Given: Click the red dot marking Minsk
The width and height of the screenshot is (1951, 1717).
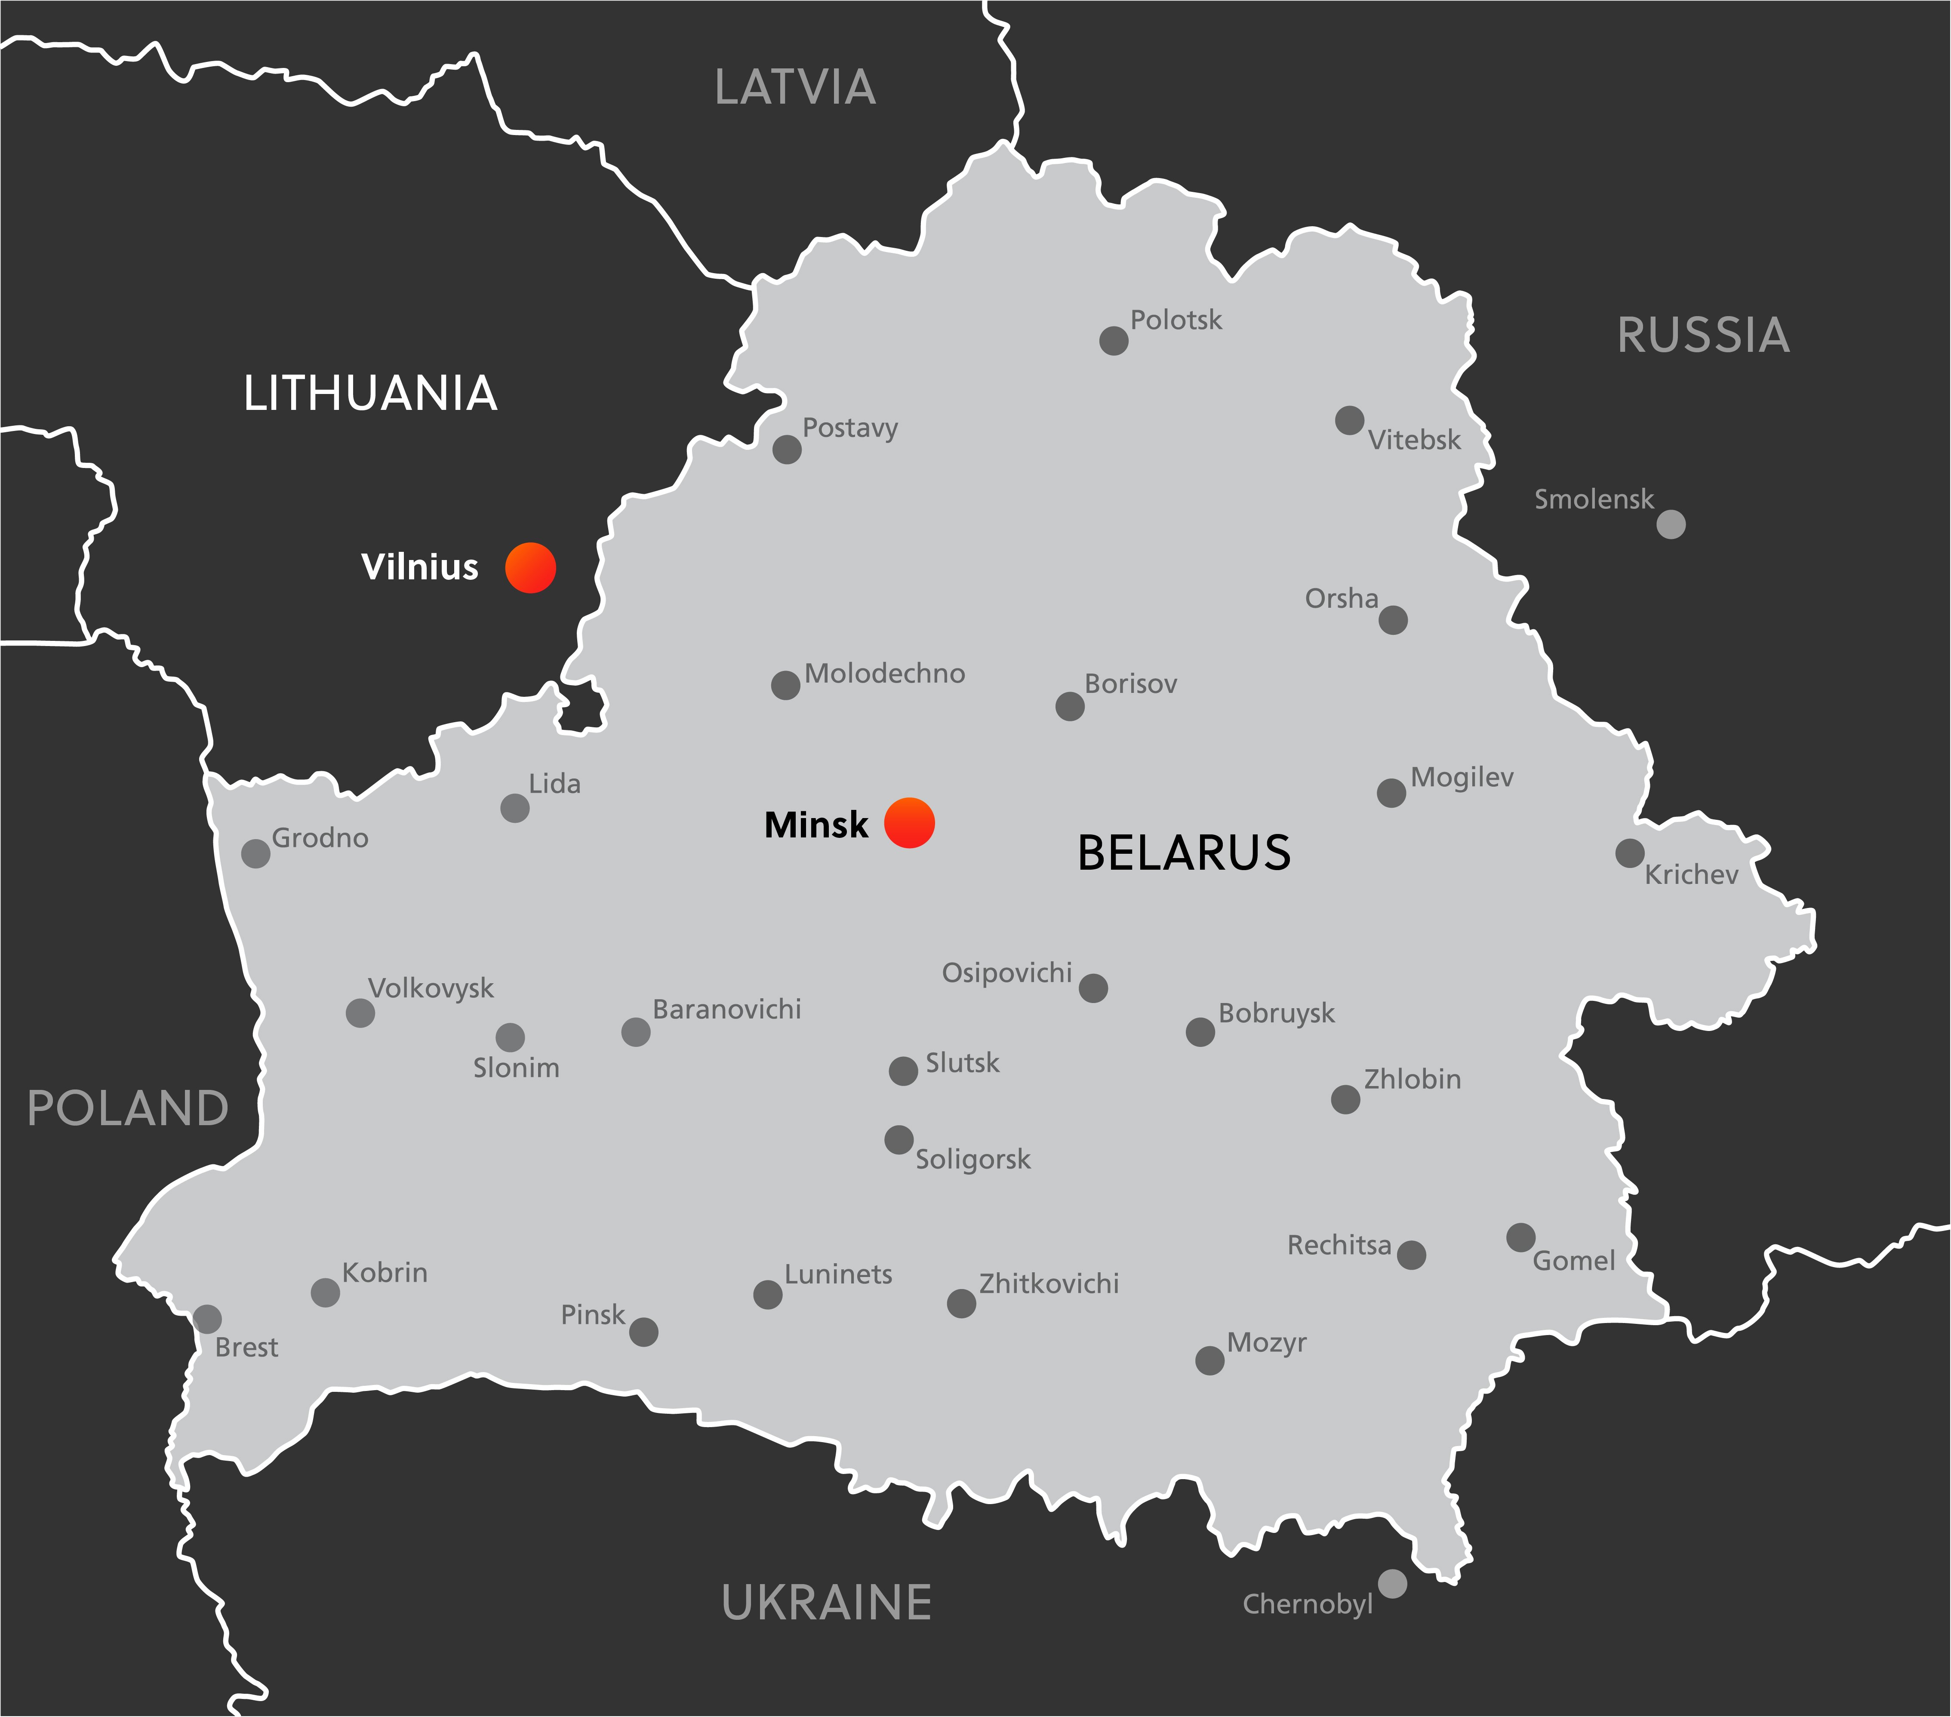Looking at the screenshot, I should click(909, 823).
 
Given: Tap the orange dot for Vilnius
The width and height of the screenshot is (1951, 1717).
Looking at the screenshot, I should click(531, 568).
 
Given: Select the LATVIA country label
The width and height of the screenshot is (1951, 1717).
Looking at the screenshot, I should click(795, 88).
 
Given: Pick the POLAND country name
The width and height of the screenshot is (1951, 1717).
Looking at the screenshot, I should click(128, 1108).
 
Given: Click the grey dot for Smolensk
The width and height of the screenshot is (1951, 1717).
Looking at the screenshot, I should click(1671, 524).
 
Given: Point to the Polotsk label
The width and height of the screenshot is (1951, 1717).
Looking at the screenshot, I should click(1176, 321).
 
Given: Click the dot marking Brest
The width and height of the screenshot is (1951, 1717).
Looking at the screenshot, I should click(207, 1319).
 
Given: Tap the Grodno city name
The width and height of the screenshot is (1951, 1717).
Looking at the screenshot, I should click(320, 838).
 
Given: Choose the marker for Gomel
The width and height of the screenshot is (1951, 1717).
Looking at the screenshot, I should click(1520, 1237).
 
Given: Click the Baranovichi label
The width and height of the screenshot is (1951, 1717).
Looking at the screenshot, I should click(726, 1010).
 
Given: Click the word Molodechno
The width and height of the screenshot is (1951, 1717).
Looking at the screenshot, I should click(885, 674).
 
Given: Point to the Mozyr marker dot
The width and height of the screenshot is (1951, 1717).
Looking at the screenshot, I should click(1209, 1360).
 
